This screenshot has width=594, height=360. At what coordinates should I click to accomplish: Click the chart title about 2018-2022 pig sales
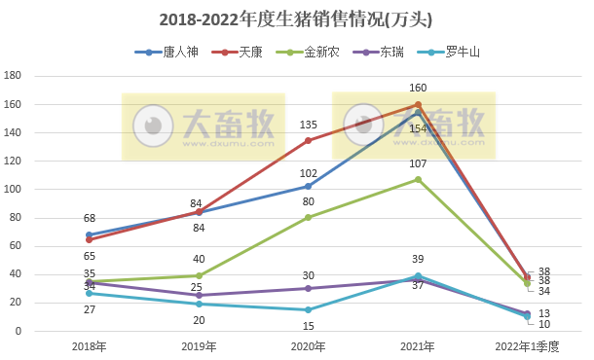296,19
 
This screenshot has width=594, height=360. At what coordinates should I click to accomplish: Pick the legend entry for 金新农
316,52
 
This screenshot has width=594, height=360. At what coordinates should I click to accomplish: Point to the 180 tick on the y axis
13,76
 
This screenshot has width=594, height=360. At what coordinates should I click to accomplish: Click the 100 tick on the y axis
13,190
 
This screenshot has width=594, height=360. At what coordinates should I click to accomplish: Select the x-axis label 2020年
308,346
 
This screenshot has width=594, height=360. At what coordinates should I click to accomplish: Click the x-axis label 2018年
89,346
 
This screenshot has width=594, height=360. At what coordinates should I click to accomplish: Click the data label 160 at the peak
419,89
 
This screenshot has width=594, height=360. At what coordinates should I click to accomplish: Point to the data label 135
309,125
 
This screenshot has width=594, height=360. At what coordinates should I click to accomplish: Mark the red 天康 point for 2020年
309,140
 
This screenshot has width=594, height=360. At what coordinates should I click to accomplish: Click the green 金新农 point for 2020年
309,217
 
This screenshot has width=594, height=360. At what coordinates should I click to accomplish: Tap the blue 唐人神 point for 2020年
309,186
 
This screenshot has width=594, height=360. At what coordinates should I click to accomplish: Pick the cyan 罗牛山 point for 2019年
199,304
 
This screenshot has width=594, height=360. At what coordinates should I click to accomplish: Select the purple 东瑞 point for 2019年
199,295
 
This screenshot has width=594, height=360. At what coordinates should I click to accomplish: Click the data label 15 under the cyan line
309,326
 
